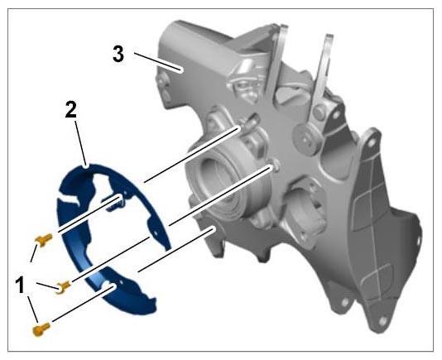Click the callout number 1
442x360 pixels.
[x=21, y=285]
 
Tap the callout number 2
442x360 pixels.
[x=70, y=110]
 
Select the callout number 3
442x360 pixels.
[x=118, y=54]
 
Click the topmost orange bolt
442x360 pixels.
[x=43, y=240]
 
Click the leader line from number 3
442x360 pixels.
[x=157, y=62]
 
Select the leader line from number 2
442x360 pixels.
[x=80, y=144]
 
